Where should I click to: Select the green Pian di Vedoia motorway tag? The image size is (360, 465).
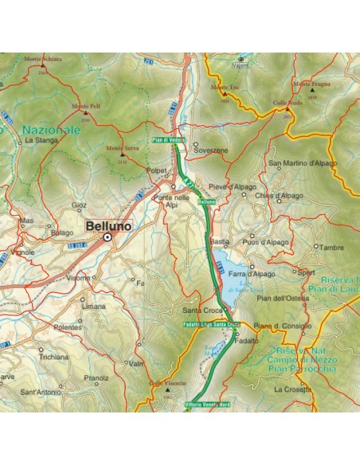pos(169,141)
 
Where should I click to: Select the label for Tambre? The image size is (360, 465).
pos(331,248)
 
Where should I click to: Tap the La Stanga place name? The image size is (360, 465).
pos(38,140)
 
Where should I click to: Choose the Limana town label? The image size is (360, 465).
pos(94,307)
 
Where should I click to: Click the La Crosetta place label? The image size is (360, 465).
pos(292,389)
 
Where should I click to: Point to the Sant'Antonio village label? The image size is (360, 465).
pos(39,393)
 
